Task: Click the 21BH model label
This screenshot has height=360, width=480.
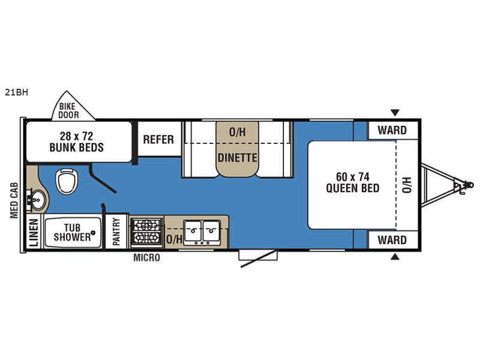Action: [x=17, y=92]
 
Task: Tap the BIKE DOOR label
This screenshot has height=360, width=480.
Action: [x=68, y=111]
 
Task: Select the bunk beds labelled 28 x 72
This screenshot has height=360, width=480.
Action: [x=79, y=142]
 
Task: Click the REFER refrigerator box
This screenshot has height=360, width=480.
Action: [x=159, y=139]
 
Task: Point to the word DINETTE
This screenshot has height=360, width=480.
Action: [x=237, y=158]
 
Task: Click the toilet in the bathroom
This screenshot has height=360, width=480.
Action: [x=67, y=181]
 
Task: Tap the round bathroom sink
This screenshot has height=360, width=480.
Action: [x=38, y=200]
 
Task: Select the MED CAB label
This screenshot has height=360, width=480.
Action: [x=14, y=200]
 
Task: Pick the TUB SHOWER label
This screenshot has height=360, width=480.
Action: [x=73, y=232]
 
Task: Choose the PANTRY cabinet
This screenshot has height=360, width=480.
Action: [x=116, y=232]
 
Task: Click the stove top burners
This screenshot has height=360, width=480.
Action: [x=146, y=232]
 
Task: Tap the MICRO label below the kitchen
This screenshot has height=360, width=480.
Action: [x=146, y=258]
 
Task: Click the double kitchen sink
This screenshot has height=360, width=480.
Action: [x=202, y=232]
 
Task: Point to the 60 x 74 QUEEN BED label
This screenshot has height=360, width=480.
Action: [x=353, y=182]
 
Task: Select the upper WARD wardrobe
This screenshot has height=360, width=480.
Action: [x=393, y=130]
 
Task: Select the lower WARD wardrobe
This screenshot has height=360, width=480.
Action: [x=393, y=240]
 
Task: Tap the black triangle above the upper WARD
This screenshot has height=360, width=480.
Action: [x=395, y=112]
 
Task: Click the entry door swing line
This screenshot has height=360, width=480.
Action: [x=258, y=259]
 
